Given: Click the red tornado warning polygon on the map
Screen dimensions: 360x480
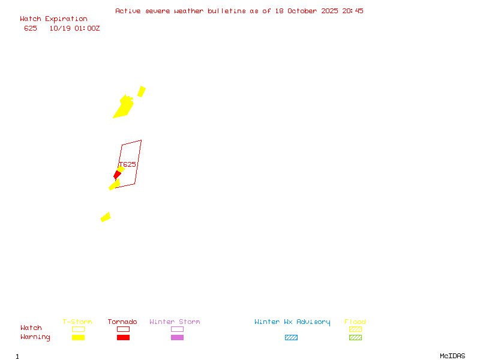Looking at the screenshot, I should coord(118,175).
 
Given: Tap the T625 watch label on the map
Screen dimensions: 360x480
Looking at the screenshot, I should coord(128,164).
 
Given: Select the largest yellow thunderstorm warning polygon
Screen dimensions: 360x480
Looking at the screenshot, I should coord(124,107).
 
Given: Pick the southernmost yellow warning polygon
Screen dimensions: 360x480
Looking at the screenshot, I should coord(106,217).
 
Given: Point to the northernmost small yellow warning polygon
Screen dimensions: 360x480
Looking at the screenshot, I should coord(142,91).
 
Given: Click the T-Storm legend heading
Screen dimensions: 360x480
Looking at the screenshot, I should coord(77,322).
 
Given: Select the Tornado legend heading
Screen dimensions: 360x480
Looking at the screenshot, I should coord(122,322).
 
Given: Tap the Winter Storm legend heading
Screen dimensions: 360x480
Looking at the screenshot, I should coord(175,322).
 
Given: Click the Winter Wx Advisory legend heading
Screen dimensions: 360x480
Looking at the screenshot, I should coord(292,322).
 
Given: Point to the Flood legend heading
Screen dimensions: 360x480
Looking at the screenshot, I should coord(355,322).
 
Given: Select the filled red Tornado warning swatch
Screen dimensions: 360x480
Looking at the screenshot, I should coord(123,337).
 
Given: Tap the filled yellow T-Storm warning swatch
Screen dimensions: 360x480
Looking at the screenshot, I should coord(78,337).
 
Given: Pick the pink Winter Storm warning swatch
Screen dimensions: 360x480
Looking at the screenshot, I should coord(177,337).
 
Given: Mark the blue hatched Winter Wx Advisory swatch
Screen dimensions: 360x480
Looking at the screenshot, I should coord(291,337).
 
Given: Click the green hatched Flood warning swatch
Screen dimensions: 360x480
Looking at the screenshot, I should coord(355,337).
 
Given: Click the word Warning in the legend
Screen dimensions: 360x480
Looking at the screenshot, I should coord(35,337).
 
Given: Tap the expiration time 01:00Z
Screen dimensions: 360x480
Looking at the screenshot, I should coord(88,28).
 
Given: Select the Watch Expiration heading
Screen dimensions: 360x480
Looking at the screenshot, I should coord(53,19).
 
